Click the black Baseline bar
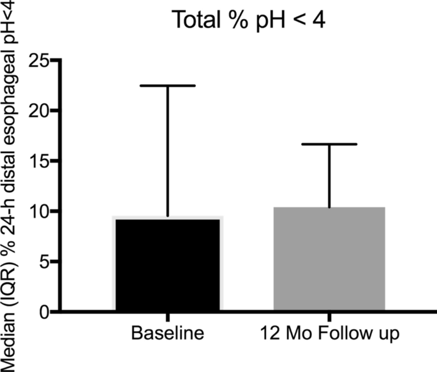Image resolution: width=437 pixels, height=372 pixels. [167, 265]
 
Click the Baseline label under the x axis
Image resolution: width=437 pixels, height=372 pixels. [167, 334]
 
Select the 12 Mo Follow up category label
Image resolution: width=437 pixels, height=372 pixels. [329, 334]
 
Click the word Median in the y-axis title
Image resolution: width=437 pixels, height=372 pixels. [11, 345]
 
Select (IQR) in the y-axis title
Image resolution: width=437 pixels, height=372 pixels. [11, 295]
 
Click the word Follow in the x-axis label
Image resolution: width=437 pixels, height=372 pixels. [343, 334]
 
